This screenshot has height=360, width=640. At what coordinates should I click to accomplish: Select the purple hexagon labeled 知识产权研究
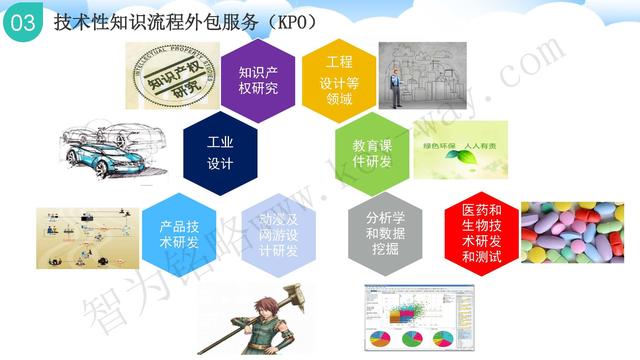260,80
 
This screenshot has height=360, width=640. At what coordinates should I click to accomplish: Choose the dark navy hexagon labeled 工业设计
220,149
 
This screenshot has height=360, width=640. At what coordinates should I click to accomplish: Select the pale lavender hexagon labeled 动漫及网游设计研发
279,232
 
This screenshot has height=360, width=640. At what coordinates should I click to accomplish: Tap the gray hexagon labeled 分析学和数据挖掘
383,232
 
